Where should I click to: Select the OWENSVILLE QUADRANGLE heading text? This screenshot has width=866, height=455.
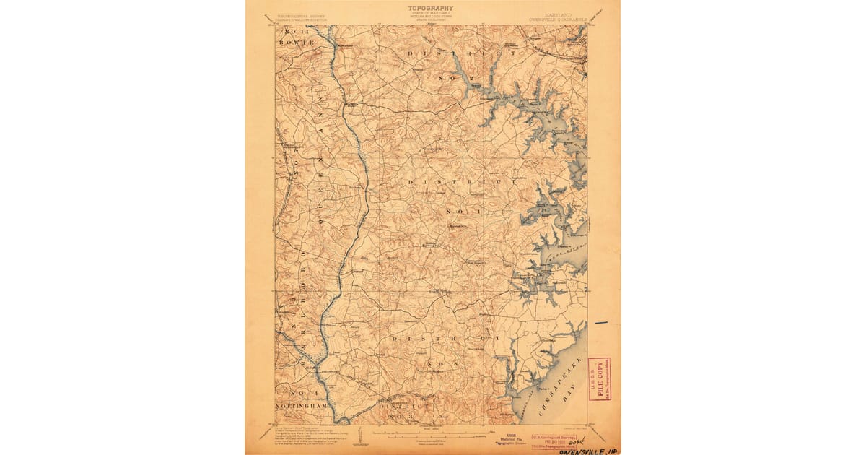pyautogui.click(x=559, y=19)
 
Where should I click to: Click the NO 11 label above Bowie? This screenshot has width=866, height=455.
pyautogui.click(x=296, y=32)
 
